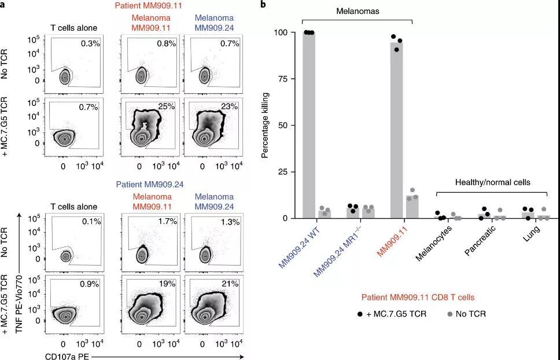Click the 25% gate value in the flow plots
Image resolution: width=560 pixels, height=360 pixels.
[x=167, y=106]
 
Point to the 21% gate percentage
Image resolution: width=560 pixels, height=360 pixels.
[x=230, y=284]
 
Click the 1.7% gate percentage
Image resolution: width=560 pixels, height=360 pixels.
[x=167, y=222]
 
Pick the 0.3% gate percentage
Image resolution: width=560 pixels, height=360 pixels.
[x=90, y=43]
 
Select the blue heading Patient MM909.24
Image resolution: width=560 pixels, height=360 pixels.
[x=150, y=185]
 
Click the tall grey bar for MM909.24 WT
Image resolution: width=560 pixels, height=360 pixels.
[x=308, y=125]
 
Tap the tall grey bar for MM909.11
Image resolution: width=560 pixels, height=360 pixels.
[x=396, y=130]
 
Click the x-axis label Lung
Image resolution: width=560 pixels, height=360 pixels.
[x=531, y=233]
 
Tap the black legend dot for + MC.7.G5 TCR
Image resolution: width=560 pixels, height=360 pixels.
[x=360, y=314]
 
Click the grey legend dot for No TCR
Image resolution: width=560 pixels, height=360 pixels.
[x=450, y=314]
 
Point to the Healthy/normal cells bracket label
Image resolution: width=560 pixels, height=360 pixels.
[x=492, y=182]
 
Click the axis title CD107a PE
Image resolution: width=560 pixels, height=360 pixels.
[x=68, y=356]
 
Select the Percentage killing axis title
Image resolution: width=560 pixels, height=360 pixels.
[x=264, y=125]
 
